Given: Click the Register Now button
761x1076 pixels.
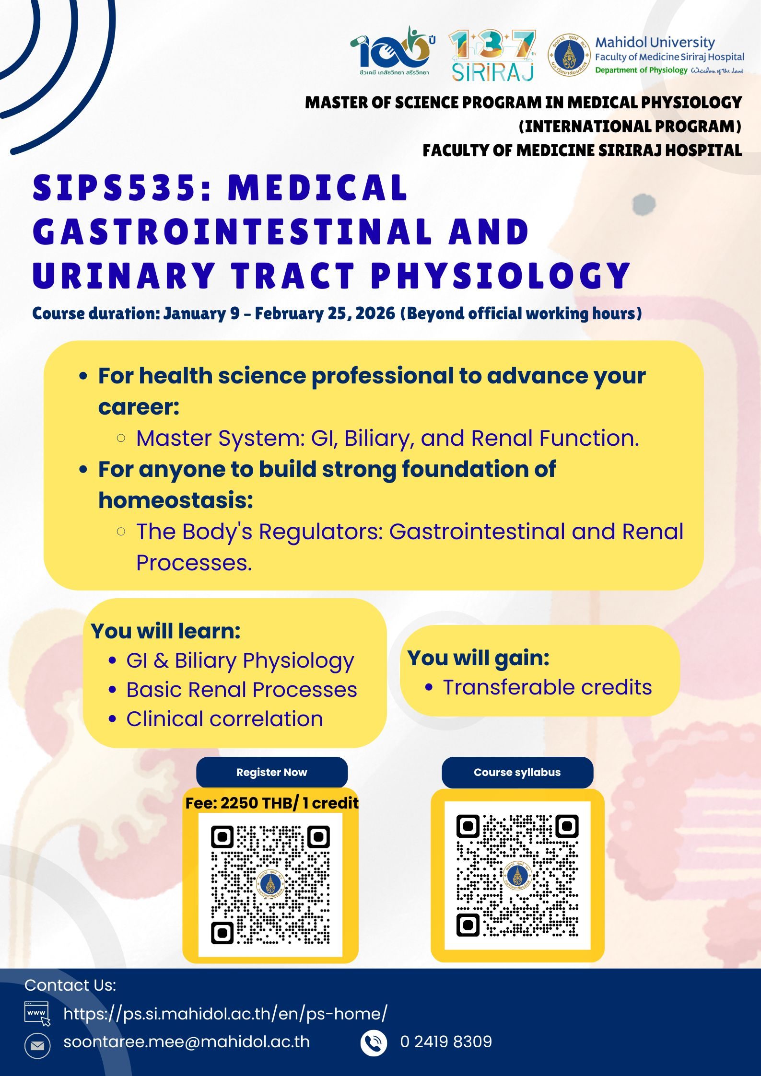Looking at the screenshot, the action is point(272,772).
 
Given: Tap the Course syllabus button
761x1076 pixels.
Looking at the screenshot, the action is point(517,772).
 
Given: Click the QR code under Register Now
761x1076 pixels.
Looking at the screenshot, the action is point(270,884).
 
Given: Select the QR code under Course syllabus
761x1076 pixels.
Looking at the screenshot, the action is point(517,875).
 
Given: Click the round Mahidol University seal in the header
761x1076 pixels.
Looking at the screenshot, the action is point(569,56).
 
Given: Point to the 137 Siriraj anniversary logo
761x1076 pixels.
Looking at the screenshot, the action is point(492,56).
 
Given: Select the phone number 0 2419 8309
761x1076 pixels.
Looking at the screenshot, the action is point(446,1041).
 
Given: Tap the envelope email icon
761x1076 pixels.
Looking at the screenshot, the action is point(37,1045).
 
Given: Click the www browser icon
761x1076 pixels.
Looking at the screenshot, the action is point(37,1014).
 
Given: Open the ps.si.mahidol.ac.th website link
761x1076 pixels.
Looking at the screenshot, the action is point(225,1014).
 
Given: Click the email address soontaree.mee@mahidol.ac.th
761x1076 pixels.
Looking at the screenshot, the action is point(187,1041).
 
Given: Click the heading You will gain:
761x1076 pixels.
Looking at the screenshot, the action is point(478,658).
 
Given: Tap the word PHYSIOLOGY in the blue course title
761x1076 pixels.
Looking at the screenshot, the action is point(500,276).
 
